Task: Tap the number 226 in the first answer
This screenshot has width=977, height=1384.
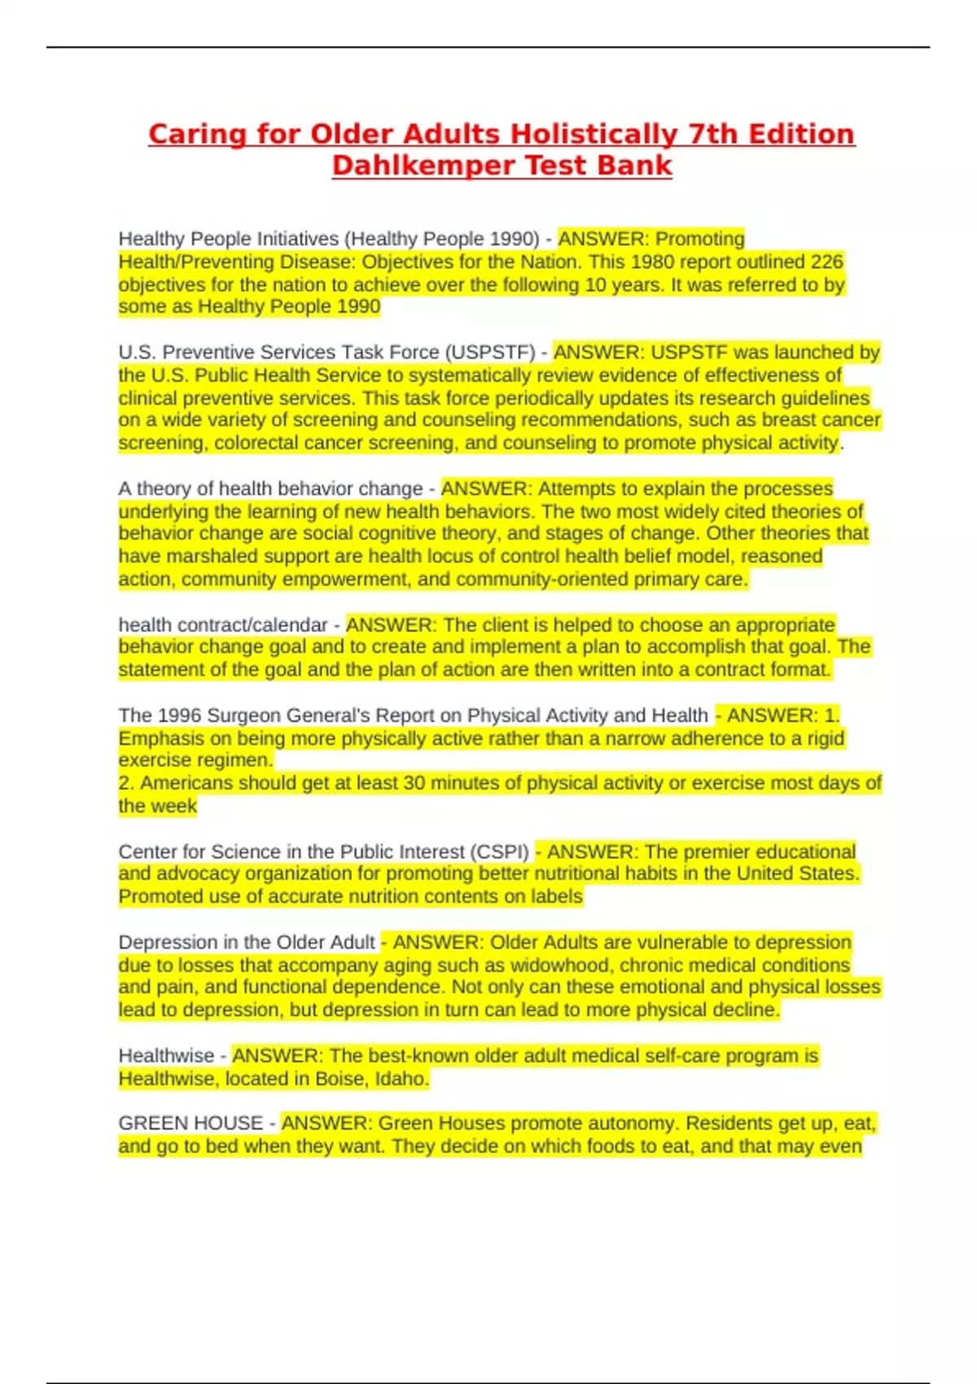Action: click(x=826, y=261)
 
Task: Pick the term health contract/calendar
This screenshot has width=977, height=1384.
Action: click(x=222, y=625)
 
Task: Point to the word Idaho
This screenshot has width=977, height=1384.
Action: click(x=401, y=1080)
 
